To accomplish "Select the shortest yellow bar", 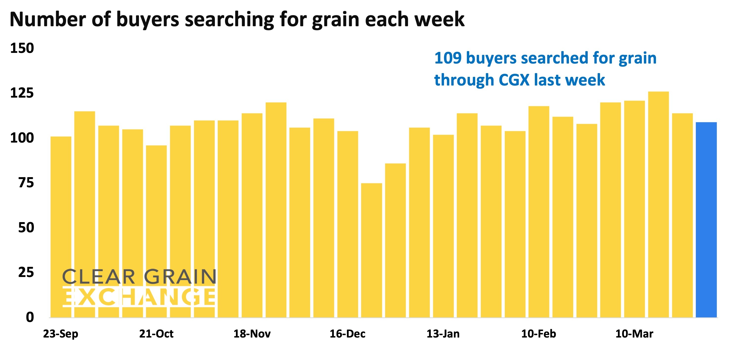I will (371, 250).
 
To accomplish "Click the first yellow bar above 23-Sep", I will (61, 227).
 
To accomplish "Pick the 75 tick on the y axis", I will (26, 183).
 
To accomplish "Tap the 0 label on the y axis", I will (30, 317).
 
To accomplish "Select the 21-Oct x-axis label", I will (156, 334).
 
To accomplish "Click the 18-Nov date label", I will (252, 334).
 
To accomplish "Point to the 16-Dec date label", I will (347, 334).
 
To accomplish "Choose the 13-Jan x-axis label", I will (443, 334).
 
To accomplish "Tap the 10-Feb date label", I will (539, 334).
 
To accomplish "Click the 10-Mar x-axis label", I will (634, 334).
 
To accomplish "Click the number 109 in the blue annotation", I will (448, 58).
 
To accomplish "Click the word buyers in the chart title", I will (148, 20).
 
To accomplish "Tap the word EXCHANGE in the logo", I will (139, 297).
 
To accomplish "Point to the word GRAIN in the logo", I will (180, 277).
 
